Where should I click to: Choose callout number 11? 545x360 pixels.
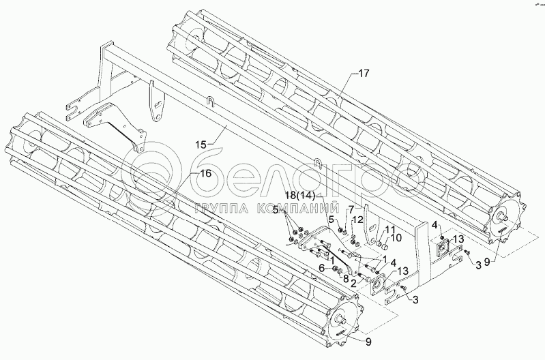pyautogui.click(x=392, y=230)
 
